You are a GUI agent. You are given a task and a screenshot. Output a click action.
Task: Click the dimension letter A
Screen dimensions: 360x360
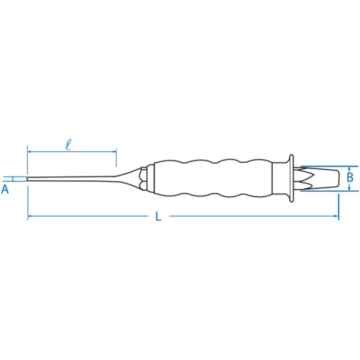click(5, 189)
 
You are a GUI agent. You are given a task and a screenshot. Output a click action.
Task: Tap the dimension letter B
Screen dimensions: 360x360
click(350, 177)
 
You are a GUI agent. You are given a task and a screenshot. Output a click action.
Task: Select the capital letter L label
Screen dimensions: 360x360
click(158, 216)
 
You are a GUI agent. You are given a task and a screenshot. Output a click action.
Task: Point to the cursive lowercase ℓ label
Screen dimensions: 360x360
click(68, 145)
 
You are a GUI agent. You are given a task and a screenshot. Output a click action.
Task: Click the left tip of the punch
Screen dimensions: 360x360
click(27, 179)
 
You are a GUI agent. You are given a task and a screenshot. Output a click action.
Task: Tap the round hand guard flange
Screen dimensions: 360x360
click(291, 178)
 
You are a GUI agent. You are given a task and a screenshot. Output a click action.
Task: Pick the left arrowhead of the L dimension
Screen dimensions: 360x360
click(30, 216)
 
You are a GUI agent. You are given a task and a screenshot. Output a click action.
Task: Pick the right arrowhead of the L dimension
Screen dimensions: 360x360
click(336, 216)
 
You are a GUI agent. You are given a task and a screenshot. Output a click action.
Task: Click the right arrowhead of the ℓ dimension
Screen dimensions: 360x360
click(114, 152)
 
